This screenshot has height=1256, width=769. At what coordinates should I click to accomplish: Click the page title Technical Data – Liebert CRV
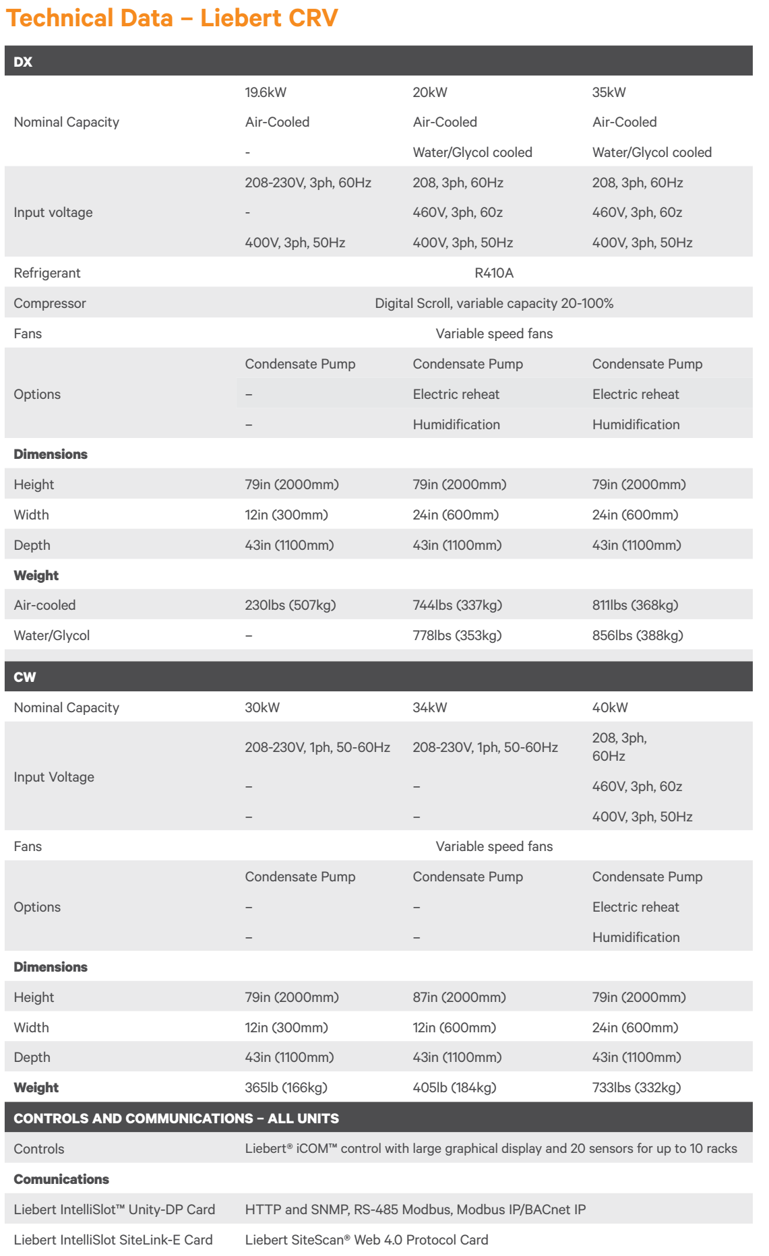coord(172,18)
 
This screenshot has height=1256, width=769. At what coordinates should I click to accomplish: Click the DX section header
coord(24,61)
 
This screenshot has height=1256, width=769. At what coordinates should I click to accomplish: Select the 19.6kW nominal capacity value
coord(266,92)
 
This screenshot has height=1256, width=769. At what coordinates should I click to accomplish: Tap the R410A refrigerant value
coord(494,273)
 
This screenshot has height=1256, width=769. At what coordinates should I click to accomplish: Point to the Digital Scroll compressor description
coord(494,303)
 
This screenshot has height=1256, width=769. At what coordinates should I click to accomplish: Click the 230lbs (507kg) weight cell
coord(290,605)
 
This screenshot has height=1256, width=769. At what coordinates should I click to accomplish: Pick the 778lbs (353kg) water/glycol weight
coord(457,635)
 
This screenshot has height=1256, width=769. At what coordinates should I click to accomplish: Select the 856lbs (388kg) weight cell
coord(638,635)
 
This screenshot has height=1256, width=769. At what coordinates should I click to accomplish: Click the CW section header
coord(25,677)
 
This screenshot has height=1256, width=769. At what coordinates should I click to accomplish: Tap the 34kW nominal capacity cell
coord(430,708)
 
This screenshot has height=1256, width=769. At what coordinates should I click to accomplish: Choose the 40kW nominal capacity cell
coord(610,708)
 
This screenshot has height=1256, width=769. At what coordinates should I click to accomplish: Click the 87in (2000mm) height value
coord(459,997)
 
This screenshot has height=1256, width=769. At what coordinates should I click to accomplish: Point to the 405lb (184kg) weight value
coord(454,1088)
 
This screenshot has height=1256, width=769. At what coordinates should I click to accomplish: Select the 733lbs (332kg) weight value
coord(636,1088)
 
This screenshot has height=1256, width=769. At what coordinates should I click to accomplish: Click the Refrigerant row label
coord(47,273)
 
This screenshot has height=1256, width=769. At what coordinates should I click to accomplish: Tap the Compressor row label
coord(50,303)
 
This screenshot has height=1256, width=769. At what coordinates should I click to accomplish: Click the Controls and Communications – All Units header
coord(177,1119)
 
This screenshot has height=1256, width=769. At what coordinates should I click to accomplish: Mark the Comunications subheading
coord(61,1179)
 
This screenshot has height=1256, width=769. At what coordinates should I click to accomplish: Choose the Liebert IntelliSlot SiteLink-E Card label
coord(113,1240)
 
